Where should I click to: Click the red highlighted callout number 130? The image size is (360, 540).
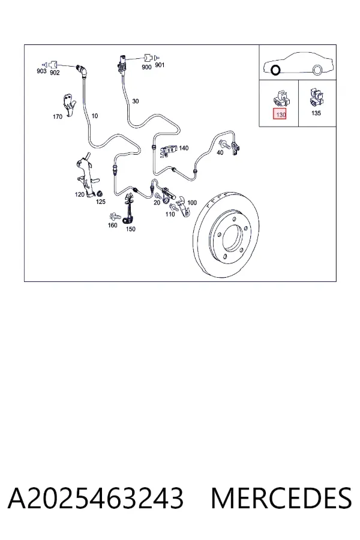coord(281,114)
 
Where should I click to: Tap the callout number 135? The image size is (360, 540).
coord(316,113)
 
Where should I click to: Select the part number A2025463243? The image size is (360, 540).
coord(95,499)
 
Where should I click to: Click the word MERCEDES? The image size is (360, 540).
coord(281,499)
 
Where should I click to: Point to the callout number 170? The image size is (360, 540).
coord(58,117)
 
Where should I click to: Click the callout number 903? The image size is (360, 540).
coord(41,71)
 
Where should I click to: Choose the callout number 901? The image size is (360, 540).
coord(160,65)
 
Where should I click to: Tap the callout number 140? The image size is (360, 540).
coord(184,148)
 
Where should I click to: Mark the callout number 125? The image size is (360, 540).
coord(101,202)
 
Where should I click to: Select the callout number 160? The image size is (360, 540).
coord(113,225)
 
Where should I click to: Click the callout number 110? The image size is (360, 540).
coord(170,214)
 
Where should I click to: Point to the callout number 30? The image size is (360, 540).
coord(136,101)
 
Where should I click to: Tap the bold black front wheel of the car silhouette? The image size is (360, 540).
coord(275,70)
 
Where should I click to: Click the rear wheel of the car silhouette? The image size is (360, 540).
coord(317,70)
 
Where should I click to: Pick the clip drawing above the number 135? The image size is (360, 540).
coord(316,97)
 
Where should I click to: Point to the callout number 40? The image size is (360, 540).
coord(220,153)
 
